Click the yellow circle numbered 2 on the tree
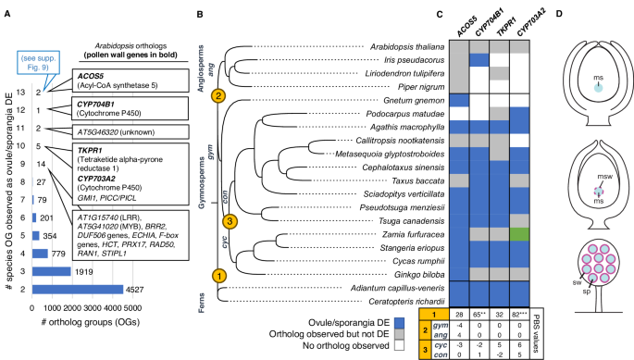pos(218,94)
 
